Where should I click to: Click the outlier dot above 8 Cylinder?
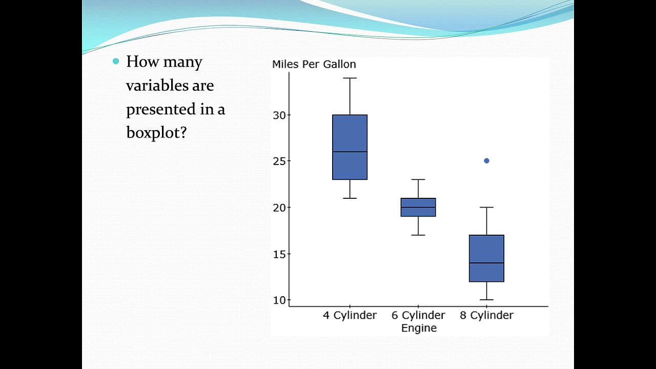(x=486, y=161)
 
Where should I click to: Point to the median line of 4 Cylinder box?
(x=350, y=152)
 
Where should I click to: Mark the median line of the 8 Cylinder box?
(x=486, y=263)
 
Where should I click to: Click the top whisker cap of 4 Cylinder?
(x=350, y=78)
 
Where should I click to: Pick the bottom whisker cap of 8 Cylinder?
(x=486, y=299)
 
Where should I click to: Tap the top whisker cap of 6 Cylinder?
(x=418, y=179)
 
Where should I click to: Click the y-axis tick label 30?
(x=279, y=115)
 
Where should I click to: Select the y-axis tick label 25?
(x=279, y=161)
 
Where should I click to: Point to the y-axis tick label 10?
(x=279, y=300)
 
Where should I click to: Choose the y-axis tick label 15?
(x=279, y=254)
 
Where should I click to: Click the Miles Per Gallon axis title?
(x=314, y=64)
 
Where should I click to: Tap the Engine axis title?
(x=419, y=328)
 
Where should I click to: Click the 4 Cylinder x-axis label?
(x=350, y=315)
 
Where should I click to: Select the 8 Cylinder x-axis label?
(x=486, y=315)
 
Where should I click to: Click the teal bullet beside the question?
(x=115, y=61)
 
